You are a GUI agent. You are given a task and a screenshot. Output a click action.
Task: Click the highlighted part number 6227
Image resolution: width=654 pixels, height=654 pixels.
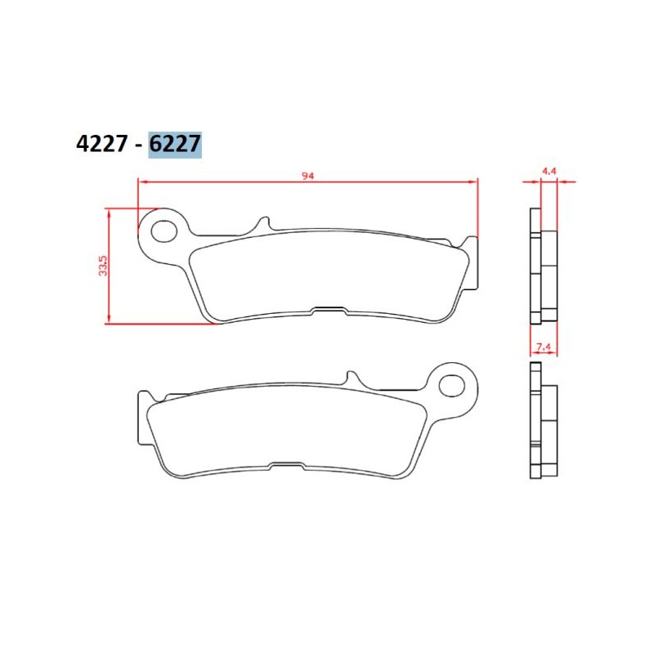coord(175,145)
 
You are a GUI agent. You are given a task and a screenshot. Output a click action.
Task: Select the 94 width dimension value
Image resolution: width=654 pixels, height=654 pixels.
coord(308,176)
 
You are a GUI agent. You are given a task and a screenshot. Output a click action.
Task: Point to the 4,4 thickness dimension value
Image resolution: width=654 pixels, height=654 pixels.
coord(549,171)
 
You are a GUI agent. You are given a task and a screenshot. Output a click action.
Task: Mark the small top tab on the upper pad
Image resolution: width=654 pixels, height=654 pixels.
coord(263,224)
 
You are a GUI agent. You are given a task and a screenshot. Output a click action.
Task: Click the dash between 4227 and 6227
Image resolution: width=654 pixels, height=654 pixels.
coord(137,146)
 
